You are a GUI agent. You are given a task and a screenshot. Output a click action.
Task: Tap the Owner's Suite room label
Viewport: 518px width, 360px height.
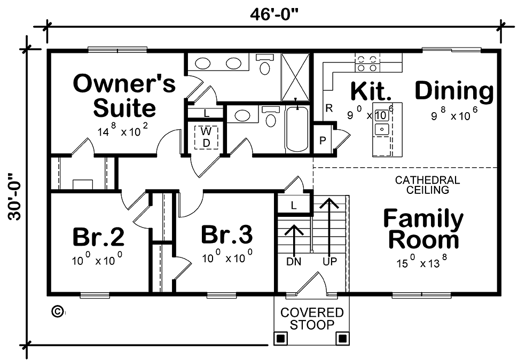[124, 96]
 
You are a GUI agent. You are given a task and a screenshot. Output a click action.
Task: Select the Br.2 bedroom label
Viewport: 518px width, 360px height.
[98, 237]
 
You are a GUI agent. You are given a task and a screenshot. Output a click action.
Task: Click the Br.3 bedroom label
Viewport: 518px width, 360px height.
[227, 234]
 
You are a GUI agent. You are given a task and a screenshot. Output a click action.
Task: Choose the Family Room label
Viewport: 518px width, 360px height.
[424, 229]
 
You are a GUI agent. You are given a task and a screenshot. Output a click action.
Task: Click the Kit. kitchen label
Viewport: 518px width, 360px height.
[371, 91]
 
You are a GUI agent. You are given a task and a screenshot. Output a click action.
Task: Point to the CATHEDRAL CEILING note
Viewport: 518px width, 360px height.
[427, 185]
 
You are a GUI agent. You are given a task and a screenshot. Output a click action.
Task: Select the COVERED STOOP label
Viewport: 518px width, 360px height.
[312, 318]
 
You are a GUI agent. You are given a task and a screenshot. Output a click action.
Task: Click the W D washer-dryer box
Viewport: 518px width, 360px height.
[207, 137]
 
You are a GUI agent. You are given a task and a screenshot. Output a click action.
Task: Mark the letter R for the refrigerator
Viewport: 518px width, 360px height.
[329, 108]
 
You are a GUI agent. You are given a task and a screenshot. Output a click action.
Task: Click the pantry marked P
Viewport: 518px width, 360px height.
[323, 140]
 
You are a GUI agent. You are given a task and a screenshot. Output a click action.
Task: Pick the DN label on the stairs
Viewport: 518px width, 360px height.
[294, 262]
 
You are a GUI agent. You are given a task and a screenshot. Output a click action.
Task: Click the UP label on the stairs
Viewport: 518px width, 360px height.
[329, 262]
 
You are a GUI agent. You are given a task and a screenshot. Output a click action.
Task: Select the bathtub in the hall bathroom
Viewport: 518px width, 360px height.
[297, 129]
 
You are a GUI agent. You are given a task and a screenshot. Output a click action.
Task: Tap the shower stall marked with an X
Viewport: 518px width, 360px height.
[295, 77]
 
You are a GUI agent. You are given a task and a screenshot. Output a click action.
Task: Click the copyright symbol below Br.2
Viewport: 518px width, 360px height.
[58, 311]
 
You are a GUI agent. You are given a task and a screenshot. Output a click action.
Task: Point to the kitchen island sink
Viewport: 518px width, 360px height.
[382, 129]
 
